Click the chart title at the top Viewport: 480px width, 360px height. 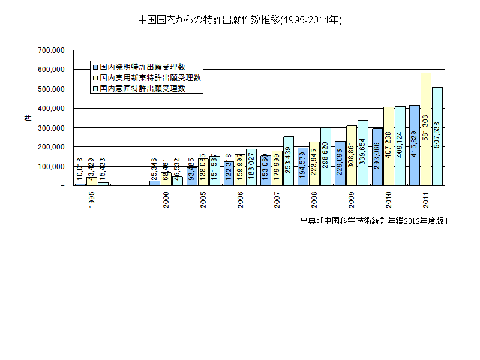240,20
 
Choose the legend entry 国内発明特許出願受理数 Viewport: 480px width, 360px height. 142,66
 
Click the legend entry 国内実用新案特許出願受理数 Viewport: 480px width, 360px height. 150,77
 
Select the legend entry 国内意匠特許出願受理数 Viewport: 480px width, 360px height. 142,88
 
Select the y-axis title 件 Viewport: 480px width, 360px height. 27,118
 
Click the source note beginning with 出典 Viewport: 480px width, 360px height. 374,221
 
